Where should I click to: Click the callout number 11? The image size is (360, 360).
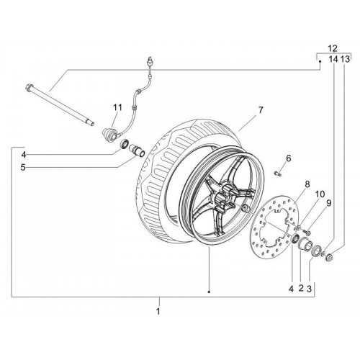(x=117, y=107)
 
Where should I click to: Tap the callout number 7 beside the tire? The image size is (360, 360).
(x=261, y=110)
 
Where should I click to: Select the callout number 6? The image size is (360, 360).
(x=288, y=158)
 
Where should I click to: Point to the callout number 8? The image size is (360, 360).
(x=307, y=184)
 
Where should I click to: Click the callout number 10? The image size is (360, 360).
(x=320, y=194)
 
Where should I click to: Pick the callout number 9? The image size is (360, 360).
(x=328, y=203)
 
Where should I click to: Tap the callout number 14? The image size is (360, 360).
(x=333, y=59)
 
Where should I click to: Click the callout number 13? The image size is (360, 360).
(x=345, y=59)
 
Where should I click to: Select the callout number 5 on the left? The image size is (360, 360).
(x=23, y=167)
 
